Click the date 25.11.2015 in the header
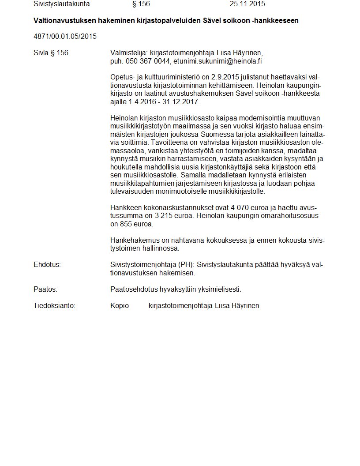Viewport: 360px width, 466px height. [x=247, y=4]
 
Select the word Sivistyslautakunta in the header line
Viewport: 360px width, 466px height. [x=62, y=4]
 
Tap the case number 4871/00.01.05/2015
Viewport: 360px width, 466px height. [x=65, y=36]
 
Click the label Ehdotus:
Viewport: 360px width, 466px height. [x=47, y=265]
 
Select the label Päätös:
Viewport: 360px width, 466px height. [x=45, y=289]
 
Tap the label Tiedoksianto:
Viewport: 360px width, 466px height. [x=54, y=305]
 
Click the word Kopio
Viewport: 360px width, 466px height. [x=120, y=305]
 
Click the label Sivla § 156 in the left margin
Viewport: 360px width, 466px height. [x=51, y=53]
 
